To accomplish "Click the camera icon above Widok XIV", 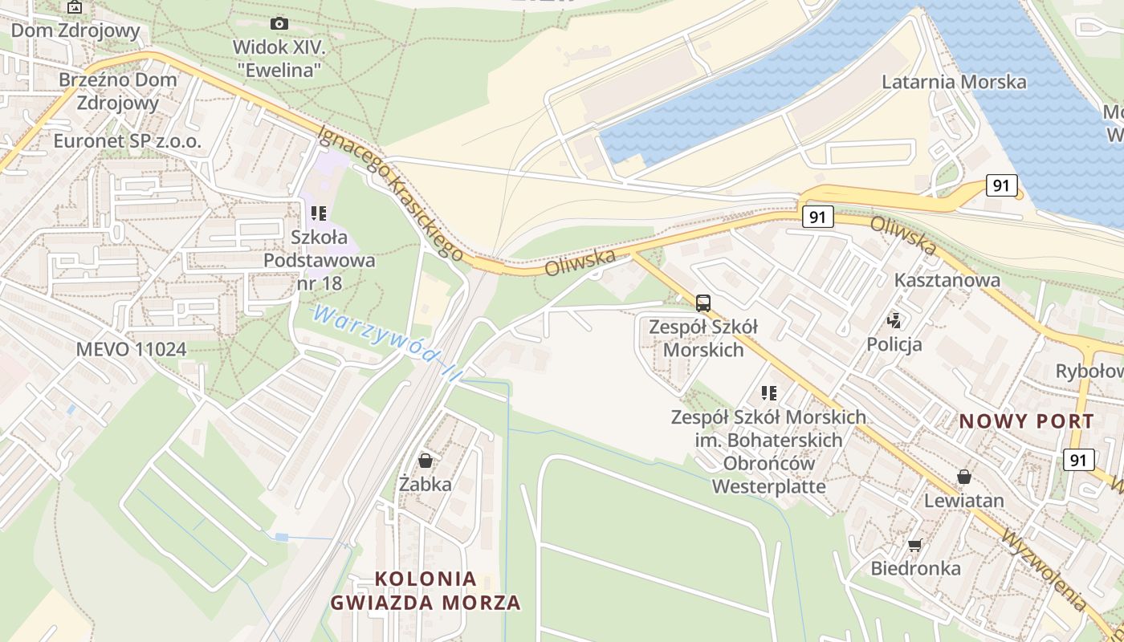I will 279,23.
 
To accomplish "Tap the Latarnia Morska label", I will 954,82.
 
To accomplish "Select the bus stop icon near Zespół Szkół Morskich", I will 703,303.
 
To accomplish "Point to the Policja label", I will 894,344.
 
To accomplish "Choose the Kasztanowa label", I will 947,280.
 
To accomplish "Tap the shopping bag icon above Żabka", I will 426,461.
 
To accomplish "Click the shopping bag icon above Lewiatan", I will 963,477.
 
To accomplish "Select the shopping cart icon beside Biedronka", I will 914,546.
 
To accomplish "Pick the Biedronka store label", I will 915,568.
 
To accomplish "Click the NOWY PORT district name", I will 1026,421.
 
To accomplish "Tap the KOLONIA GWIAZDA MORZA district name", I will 425,591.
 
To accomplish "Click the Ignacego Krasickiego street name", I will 391,193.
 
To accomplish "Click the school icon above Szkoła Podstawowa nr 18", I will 319,213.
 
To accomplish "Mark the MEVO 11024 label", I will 131,349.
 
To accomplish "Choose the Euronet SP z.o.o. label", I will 127,141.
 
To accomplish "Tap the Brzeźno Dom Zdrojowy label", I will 117,91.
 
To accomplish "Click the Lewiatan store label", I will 963,501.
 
